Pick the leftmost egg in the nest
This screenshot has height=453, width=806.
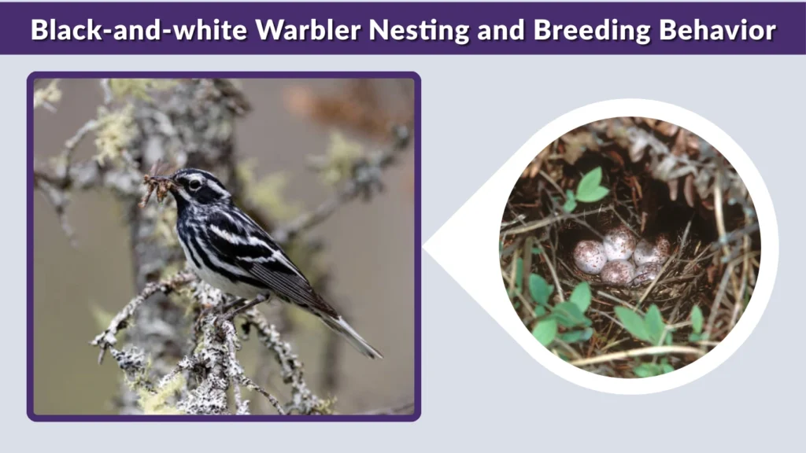(589, 256)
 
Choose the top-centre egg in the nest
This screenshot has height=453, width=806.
(619, 243)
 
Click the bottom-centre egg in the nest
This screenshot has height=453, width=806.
(619, 272)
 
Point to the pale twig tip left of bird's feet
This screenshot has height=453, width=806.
(98, 340)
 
